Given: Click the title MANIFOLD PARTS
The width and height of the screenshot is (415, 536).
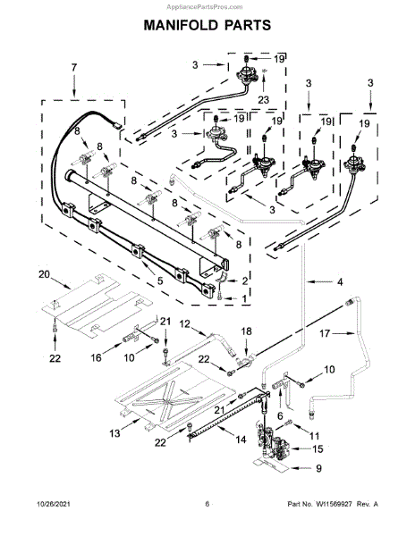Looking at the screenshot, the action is point(207,25).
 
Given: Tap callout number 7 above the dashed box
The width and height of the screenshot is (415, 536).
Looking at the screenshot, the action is point(74,68).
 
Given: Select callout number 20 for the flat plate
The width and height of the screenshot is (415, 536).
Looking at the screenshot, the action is point(44,274).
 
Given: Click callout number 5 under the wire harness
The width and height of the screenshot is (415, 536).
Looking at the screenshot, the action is point(160,281).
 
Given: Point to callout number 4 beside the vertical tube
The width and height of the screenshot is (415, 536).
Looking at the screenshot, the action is point(340,282).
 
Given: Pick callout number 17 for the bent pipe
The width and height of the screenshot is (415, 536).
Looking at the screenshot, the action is point(325,333).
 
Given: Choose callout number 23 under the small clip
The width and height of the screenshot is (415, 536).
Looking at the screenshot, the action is point(264,100).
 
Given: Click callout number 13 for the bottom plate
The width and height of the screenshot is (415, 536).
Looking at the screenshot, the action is point(115,433).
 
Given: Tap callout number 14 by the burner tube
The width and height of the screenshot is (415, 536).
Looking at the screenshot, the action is point(241,440).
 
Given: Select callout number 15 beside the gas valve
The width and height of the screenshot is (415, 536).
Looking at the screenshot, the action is point(318,448).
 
